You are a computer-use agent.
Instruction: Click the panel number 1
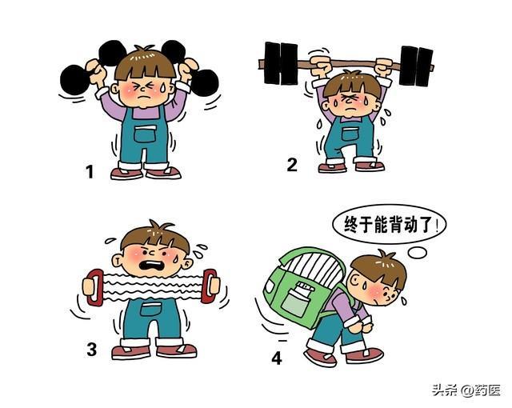pos(90,172)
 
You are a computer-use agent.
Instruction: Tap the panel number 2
pos(292,165)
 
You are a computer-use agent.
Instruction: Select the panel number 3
pos(91,349)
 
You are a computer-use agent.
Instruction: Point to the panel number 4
pos(277,358)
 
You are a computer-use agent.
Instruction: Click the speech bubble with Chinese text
pos(390,225)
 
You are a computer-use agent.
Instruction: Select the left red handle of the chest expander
pos(94,287)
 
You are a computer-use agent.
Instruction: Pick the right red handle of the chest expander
pos(209,286)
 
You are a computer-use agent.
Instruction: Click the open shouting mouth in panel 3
pos(152,265)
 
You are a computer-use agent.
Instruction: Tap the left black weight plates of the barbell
pos(281,63)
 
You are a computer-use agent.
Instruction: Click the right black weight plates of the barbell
pos(416,66)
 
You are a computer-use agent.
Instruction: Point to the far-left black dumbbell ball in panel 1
pos(74,80)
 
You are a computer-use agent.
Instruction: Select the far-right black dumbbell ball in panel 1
pos(205,82)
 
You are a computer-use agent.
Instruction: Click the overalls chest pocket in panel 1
pos(146,134)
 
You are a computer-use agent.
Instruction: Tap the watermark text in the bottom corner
pos(466,390)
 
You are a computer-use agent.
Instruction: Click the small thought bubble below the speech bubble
pos(418,252)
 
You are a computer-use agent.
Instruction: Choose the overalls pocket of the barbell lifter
pos(350,134)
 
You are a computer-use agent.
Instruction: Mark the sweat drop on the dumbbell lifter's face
pos(162,86)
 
